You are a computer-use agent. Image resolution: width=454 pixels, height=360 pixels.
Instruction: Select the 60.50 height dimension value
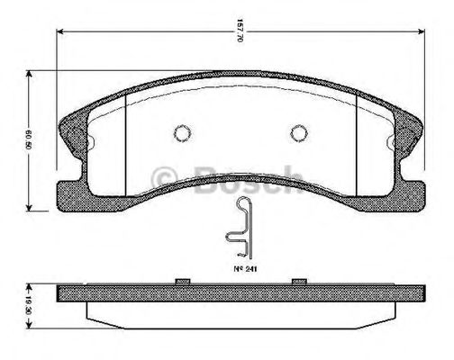click(x=31, y=140)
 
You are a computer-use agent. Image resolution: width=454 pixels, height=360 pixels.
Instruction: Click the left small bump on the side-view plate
click(x=181, y=283)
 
